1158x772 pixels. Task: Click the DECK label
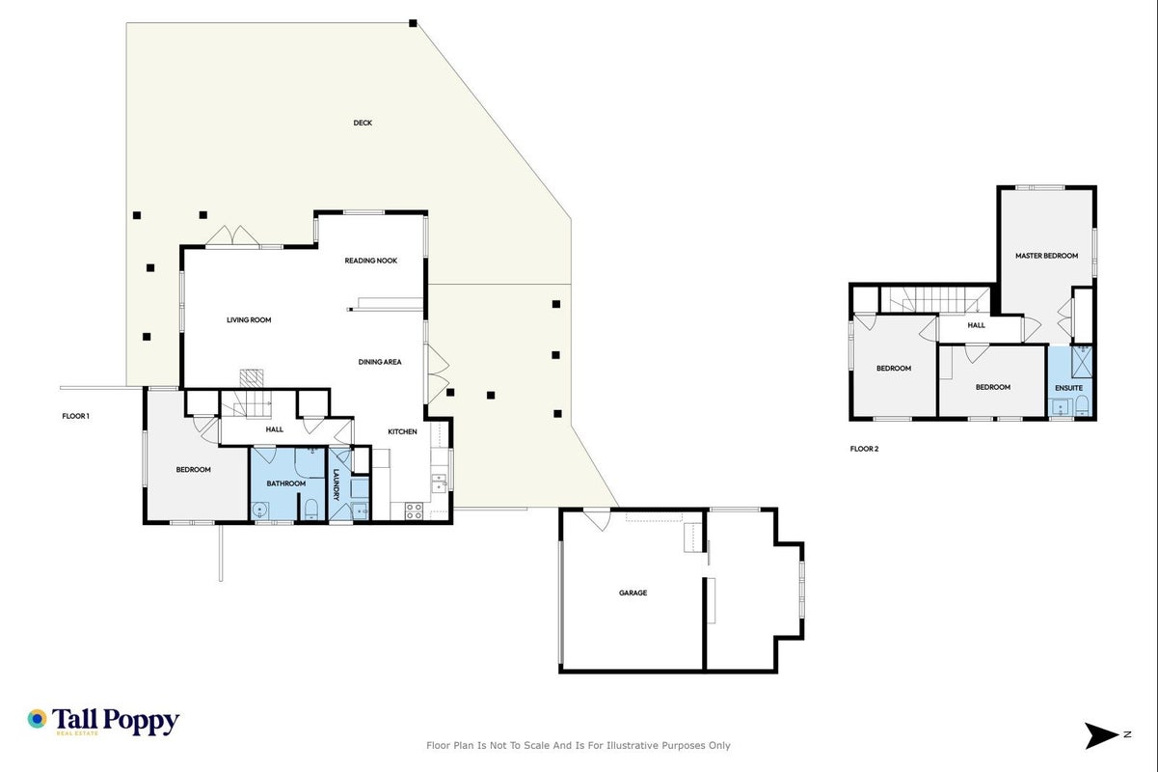coord(363,124)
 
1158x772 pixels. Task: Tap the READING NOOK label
coord(370,261)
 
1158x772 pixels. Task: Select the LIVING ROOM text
coord(249,320)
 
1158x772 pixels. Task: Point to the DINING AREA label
coord(380,362)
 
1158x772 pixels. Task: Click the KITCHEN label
coord(402,432)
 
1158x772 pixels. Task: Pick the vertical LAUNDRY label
coord(337,484)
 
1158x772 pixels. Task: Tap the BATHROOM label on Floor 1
coord(285,483)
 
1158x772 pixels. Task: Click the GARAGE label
coord(633,593)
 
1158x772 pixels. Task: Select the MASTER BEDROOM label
coord(1046,256)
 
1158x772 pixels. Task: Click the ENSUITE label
coord(1068,388)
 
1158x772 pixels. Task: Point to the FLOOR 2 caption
coord(864,449)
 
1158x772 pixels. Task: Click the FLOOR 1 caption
coord(75,416)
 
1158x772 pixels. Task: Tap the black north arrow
coord(1100,735)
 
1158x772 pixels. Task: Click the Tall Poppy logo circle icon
coord(37,719)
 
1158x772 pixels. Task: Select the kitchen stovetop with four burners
coord(414,511)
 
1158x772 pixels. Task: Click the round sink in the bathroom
coord(259,510)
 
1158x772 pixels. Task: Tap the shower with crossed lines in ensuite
coord(1082,362)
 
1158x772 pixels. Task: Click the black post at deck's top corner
coord(413,23)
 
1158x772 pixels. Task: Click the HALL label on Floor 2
coord(976,325)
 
